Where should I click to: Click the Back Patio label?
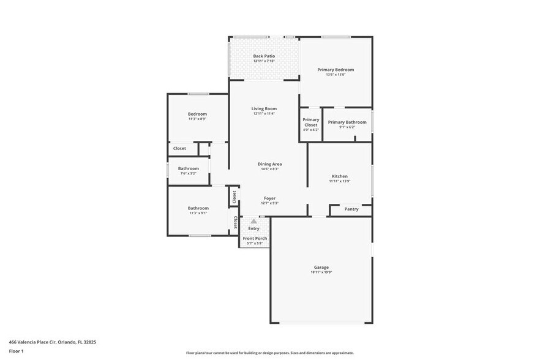pos(264,56)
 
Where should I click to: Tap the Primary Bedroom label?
pos(336,70)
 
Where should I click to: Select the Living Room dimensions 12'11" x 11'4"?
pos(264,114)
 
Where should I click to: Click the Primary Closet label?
pos(311,122)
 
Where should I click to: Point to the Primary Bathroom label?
pos(347,122)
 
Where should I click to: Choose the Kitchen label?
pos(340,176)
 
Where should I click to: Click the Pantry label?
pos(351,209)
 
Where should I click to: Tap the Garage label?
pos(321,267)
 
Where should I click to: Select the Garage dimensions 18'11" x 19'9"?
pos(321,272)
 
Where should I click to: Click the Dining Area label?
pos(269,164)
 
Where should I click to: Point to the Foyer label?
pos(269,198)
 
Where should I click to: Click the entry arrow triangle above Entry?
pos(253,222)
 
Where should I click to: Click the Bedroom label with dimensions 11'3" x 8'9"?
pos(197,114)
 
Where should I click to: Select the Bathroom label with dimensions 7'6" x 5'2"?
pos(189,168)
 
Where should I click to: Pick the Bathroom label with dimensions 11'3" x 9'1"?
pos(198,208)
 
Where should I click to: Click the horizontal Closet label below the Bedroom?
pos(179,148)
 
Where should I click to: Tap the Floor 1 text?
pos(16,351)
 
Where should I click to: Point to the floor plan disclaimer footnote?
pos(269,353)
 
